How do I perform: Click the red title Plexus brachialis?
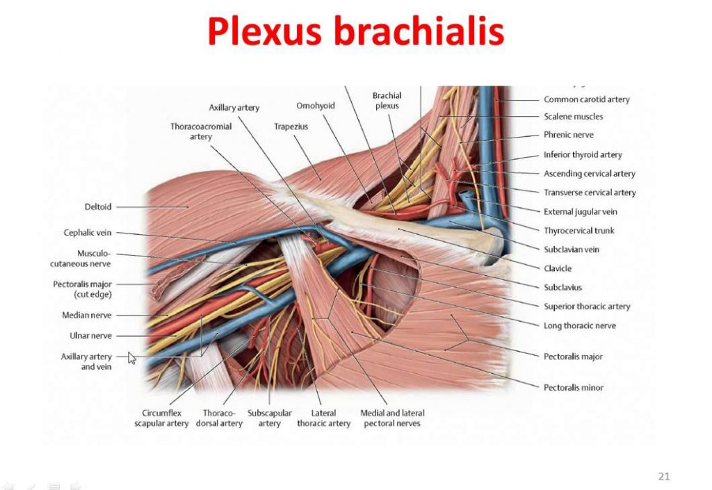355,32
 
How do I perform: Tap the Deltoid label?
98,206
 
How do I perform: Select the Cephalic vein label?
88,233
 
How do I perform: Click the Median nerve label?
87,316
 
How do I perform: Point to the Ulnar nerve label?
90,336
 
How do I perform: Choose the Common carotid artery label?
586,99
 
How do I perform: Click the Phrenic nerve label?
568,135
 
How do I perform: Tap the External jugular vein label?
580,211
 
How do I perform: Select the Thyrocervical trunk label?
578,230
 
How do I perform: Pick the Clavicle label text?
558,268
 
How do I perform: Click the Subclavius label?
563,287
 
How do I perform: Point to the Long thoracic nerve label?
579,325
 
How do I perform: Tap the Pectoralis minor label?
573,387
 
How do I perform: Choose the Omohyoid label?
316,106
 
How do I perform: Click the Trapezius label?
291,127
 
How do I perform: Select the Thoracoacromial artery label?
201,131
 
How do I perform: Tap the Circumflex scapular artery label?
161,418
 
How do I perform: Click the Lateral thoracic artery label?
323,418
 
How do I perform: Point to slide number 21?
663,476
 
